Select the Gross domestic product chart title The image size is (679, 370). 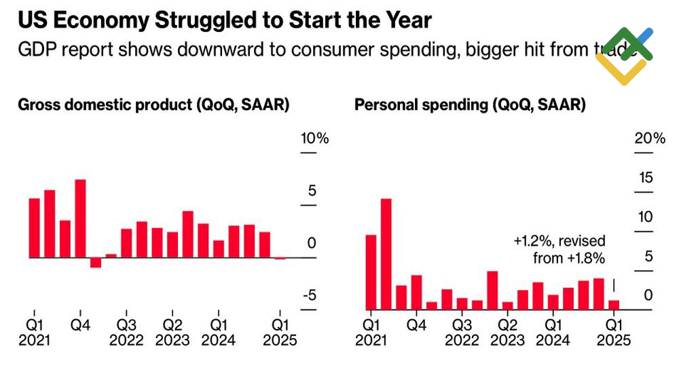click(153, 105)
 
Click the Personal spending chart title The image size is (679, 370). click(470, 105)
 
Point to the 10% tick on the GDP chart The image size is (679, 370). click(314, 139)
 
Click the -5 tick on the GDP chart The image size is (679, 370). click(310, 295)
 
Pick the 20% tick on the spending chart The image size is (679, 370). click(650, 139)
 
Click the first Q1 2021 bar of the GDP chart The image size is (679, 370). click(35, 228)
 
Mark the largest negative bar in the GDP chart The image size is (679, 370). click(96, 263)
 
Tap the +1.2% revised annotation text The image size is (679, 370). click(559, 249)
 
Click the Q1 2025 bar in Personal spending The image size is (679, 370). click(614, 305)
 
